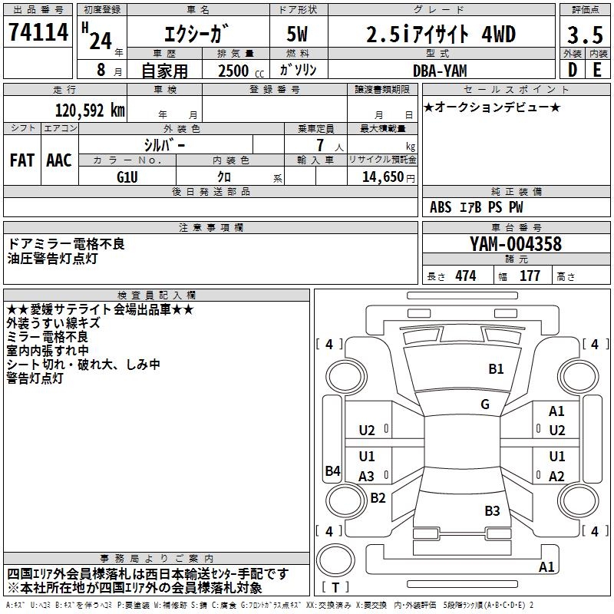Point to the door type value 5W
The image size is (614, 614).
(x=299, y=35)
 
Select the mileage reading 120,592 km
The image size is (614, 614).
(x=90, y=111)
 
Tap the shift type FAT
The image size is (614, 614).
(x=21, y=160)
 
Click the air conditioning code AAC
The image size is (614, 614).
(x=58, y=160)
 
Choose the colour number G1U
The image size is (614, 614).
(x=127, y=177)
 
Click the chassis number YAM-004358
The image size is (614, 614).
(x=516, y=244)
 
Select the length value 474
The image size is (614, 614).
(x=465, y=276)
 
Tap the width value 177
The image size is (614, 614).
(x=530, y=276)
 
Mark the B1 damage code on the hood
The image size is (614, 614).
(x=497, y=369)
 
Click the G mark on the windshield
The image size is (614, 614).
(x=485, y=404)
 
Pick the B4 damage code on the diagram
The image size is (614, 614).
(x=332, y=470)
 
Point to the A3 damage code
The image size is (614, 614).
(x=367, y=476)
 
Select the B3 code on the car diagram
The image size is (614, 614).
(x=492, y=511)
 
